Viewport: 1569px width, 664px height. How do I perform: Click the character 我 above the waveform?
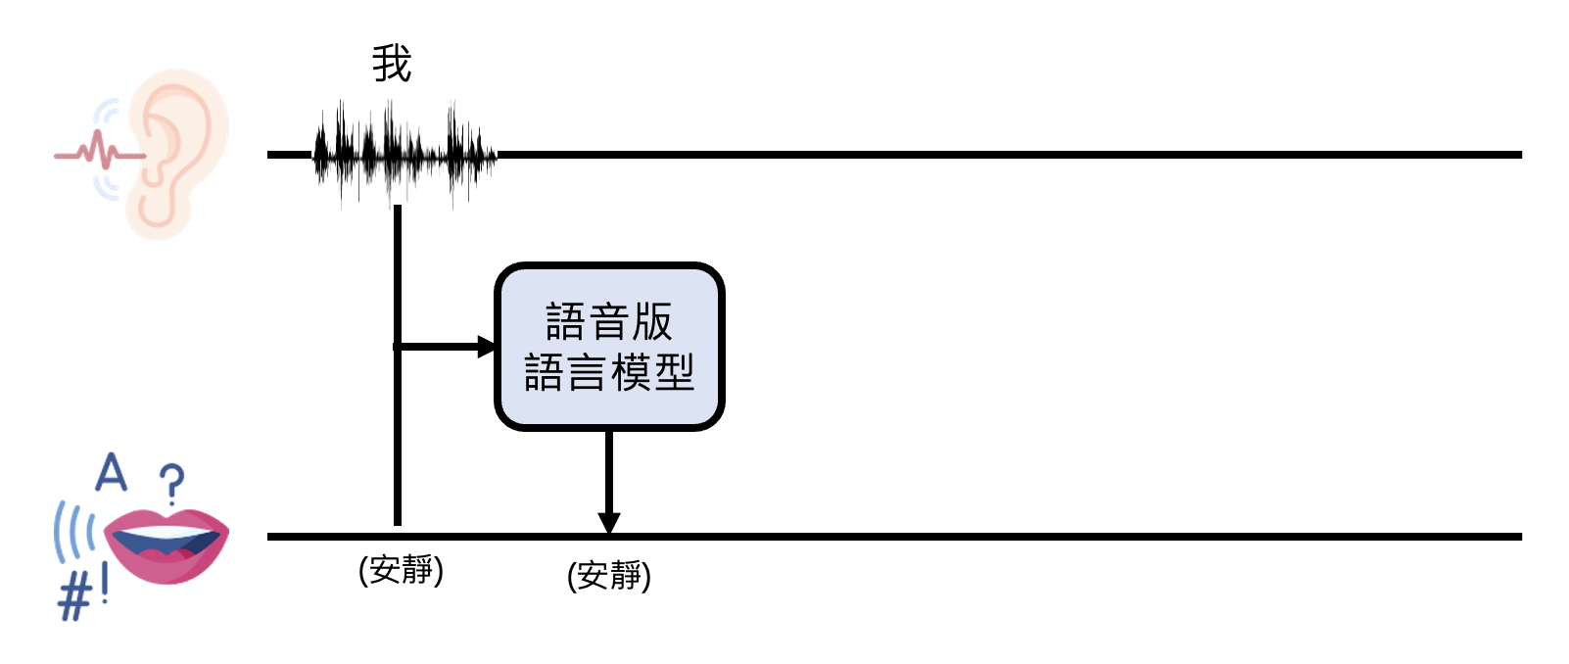coord(392,65)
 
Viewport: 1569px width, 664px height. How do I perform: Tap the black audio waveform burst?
coord(404,155)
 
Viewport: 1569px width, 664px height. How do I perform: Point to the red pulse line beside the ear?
coord(98,153)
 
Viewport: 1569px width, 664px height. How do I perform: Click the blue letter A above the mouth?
coord(112,473)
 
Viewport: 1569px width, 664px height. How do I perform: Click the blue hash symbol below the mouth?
coord(73,596)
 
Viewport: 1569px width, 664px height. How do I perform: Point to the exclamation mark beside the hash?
coord(104,586)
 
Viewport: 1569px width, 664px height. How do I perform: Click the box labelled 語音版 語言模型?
coord(609,347)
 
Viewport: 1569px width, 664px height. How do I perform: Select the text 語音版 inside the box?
coord(609,321)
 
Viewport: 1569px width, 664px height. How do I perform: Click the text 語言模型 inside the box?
coord(609,373)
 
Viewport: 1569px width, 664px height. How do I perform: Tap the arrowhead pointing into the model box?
coord(487,347)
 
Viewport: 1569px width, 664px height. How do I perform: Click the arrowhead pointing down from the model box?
coord(609,523)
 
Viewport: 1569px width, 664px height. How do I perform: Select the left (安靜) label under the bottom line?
coord(402,569)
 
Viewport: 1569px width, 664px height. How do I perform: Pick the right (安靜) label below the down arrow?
coord(609,575)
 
